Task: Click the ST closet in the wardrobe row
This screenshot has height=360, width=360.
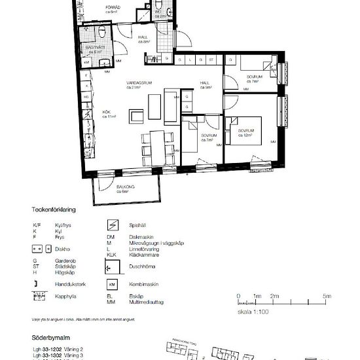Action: coord(211,60)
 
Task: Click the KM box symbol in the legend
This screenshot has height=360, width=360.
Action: coord(112,285)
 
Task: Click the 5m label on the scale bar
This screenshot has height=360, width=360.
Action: coord(327,296)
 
